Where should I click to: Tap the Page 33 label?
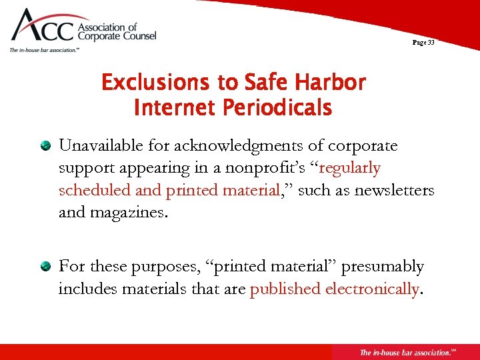pos(423,43)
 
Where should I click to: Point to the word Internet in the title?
pos(174,107)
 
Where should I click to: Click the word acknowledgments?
pos(249,145)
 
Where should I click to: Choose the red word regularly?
pos(350,168)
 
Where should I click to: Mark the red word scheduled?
pos(94,191)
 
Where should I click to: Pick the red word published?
pos(285,289)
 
